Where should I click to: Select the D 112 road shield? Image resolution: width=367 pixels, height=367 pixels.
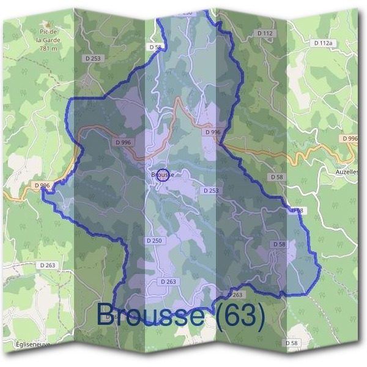click(265, 32)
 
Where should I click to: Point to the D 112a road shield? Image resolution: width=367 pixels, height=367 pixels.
click(322, 43)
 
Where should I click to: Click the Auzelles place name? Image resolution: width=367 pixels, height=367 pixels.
click(348, 172)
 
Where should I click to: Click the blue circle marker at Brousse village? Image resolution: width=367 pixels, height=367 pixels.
click(163, 174)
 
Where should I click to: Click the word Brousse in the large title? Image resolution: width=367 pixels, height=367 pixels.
click(150, 315)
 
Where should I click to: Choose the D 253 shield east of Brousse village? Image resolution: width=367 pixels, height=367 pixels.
click(210, 191)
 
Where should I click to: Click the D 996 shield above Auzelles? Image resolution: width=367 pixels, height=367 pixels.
click(350, 139)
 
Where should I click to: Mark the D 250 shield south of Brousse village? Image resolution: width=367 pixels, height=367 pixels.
click(154, 241)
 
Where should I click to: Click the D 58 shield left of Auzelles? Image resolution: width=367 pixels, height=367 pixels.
click(278, 177)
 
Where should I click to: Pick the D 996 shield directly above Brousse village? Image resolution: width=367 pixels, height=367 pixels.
click(123, 142)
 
